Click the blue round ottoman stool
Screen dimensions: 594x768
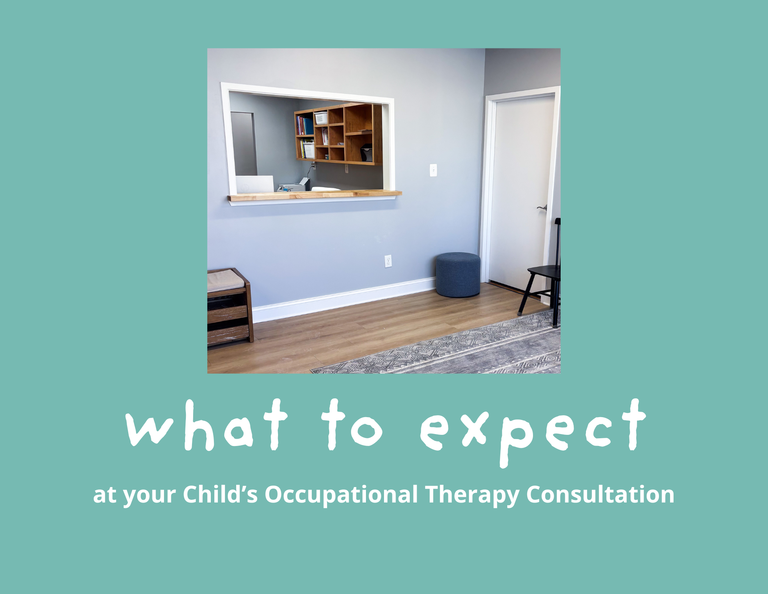(458, 275)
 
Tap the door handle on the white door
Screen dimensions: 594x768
(542, 208)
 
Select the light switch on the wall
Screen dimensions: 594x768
(433, 170)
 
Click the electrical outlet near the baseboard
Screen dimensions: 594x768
(388, 261)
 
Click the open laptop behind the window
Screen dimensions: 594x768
(255, 184)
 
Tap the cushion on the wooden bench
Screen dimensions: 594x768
(225, 280)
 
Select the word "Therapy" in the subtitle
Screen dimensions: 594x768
(472, 495)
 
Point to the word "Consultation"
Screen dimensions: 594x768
(600, 494)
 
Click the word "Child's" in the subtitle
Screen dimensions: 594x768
(220, 494)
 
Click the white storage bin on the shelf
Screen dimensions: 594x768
(321, 118)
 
